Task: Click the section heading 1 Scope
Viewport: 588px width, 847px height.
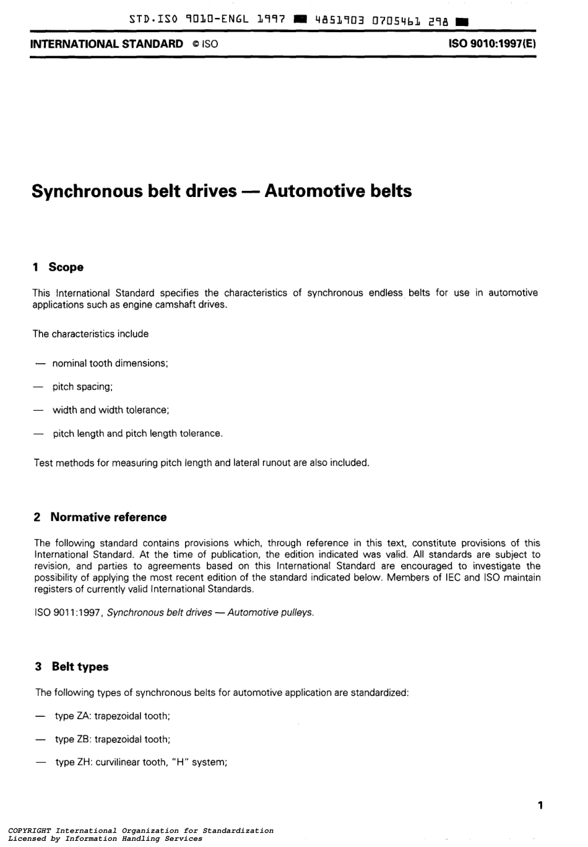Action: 58,268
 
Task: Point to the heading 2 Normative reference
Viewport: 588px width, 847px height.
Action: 100,517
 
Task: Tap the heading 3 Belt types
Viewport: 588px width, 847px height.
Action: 72,667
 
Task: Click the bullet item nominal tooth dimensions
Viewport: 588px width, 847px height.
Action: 110,364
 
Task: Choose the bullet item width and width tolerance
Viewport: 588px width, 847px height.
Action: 111,410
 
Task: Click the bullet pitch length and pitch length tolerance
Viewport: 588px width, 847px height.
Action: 137,434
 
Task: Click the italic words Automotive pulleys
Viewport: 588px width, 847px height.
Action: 270,613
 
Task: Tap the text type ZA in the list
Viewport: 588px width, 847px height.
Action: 73,716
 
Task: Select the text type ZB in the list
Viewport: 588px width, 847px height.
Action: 73,740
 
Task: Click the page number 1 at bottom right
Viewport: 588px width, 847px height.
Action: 540,805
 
